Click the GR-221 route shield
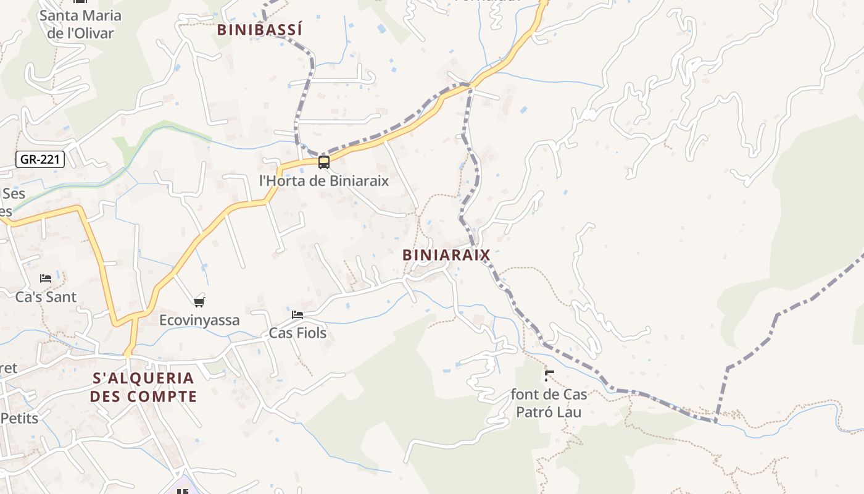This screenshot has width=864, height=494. coord(39,159)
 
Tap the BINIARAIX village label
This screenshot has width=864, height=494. coord(446,255)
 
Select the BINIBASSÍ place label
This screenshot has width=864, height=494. coord(260,30)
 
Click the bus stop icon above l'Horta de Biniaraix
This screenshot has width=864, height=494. coord(323,162)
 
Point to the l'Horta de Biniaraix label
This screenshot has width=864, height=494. coord(324,181)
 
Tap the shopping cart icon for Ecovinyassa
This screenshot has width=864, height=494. coord(199,302)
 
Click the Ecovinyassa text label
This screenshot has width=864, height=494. coord(199,320)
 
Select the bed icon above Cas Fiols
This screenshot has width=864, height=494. coord(297,315)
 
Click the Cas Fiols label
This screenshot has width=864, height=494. coord(297,333)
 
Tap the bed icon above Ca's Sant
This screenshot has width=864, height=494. coord(46,278)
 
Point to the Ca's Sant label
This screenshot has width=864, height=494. coord(46,297)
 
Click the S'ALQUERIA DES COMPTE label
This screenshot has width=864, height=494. coord(143,387)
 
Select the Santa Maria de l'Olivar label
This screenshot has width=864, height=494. coord(80,24)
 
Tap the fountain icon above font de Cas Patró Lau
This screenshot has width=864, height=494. coord(549,375)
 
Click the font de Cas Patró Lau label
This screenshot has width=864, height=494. coord(549,403)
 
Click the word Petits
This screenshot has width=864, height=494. coord(19,419)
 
